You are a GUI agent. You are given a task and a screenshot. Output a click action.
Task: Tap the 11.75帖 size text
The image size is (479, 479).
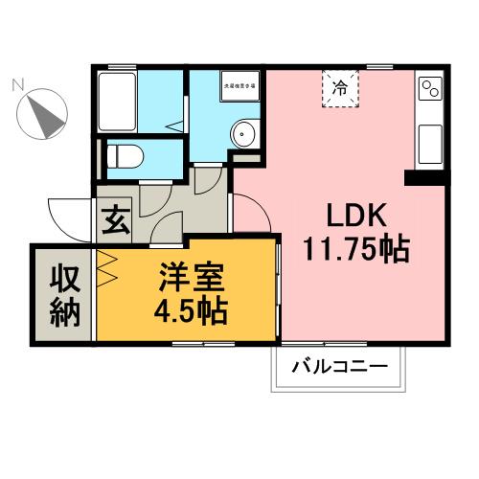pyautogui.click(x=355, y=251)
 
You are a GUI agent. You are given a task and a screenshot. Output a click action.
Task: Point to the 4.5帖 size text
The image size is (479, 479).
pyautogui.click(x=192, y=311)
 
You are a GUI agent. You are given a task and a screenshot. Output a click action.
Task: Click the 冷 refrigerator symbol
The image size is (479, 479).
pyautogui.click(x=340, y=87)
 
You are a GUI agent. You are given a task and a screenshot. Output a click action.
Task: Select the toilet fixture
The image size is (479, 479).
pyautogui.click(x=123, y=154)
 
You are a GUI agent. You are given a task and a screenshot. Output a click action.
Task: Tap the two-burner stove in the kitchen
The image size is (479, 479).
pyautogui.click(x=429, y=92)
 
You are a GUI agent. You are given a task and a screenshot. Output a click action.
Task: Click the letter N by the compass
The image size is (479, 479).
pyautogui.click(x=16, y=85)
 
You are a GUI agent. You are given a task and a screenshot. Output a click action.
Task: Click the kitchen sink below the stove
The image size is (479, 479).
pyautogui.click(x=428, y=145)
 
